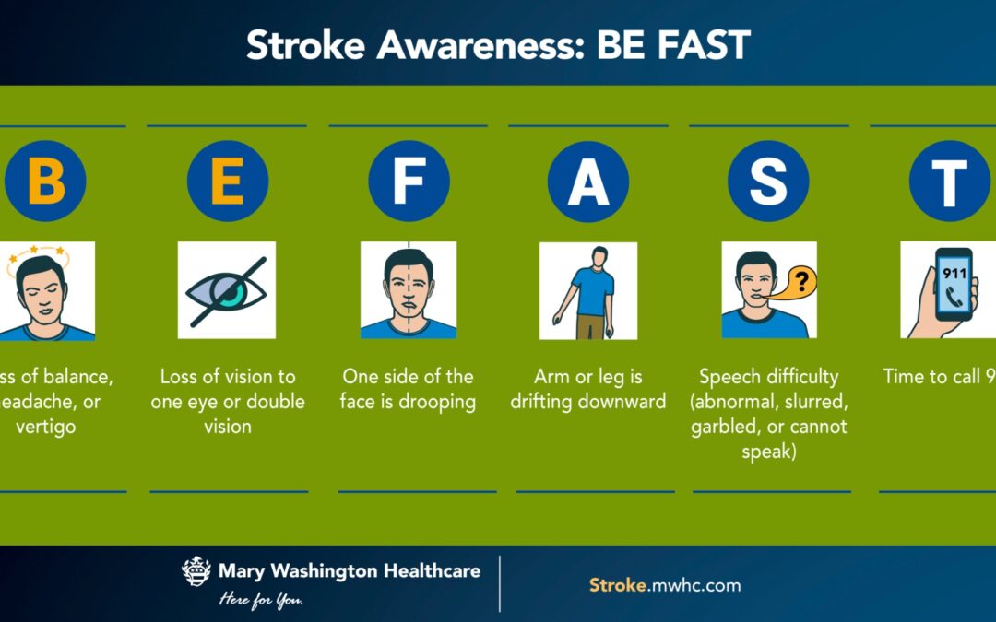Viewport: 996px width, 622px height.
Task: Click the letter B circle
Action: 45,181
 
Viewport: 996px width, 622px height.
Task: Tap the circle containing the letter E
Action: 228,181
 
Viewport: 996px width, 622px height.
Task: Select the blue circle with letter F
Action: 409,181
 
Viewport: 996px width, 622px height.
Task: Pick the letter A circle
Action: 588,181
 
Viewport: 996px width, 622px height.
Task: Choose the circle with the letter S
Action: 768,181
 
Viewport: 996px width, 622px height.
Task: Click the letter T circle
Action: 949,181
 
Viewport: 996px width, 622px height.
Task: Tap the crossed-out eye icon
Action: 227,289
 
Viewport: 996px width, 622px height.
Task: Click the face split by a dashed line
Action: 409,289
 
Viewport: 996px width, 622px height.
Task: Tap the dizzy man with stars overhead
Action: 46,291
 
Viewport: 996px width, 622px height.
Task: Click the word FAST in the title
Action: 703,44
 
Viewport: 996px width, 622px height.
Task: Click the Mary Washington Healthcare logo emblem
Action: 196,572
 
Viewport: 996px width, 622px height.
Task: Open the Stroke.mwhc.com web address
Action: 664,585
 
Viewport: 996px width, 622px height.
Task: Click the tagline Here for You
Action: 261,600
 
